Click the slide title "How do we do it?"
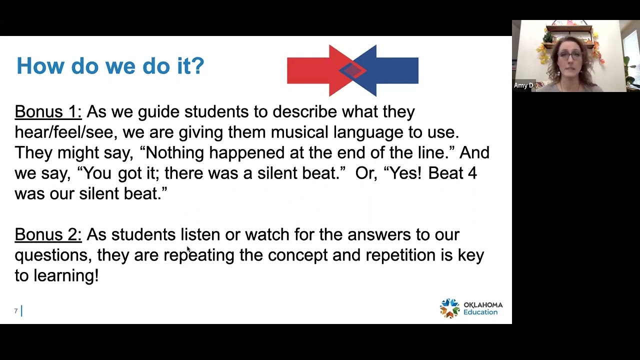110,66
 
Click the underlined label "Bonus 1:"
48,111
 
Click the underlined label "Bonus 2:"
48,234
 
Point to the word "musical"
299,132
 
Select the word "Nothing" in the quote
174,152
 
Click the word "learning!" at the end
66,275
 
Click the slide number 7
16,311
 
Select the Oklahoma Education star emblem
449,308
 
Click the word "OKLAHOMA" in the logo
482,304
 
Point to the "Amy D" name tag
523,85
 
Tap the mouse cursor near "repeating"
188,249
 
